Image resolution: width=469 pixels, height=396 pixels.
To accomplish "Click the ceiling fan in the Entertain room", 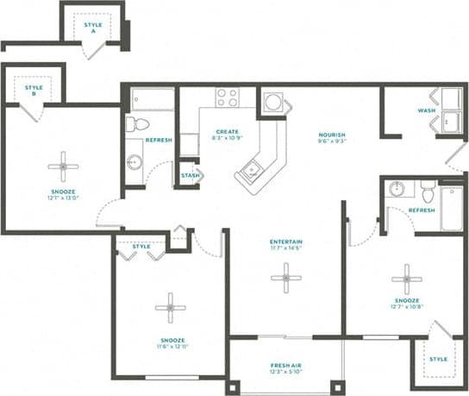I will pos(285,277).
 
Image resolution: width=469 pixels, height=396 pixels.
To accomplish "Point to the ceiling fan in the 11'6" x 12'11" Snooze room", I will pos(170,307).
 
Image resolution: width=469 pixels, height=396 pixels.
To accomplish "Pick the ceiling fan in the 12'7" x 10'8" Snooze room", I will pos(405,279).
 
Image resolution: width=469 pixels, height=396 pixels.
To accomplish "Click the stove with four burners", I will pos(227,97).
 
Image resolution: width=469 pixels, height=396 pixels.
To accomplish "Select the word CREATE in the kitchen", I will pos(227,132).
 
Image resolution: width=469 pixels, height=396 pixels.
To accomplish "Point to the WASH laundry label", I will pos(426,110).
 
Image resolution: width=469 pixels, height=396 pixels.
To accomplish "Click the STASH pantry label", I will pos(191,175).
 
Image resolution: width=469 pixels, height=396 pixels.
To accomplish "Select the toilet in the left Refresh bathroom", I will pos(134,125).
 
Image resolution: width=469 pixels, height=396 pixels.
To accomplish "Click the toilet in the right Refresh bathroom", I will pos(427,189).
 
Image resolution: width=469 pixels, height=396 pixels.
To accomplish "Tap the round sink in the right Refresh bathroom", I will pos(397,189).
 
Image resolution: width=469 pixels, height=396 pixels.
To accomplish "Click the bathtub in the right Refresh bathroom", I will pos(452,208).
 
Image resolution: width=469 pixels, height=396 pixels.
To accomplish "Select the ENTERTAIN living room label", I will pos(285,242).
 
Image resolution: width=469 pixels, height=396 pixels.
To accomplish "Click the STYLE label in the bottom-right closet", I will pos(438,359).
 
